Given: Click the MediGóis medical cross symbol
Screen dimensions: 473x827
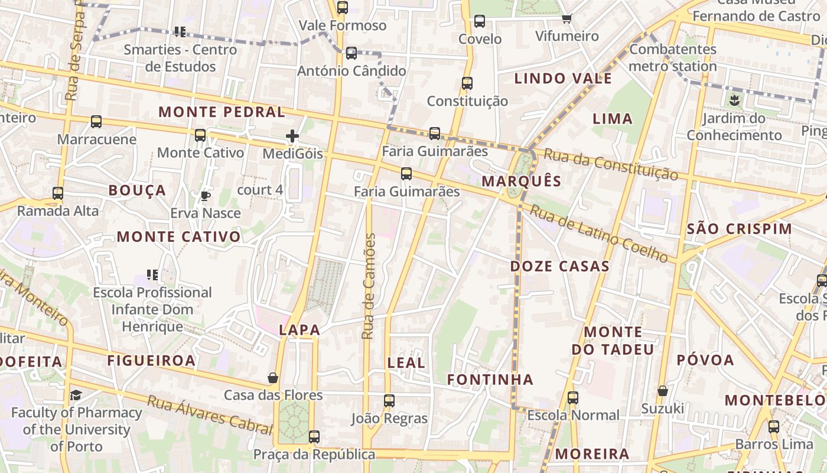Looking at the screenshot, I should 292,137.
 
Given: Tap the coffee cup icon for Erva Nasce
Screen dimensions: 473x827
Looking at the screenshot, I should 206,196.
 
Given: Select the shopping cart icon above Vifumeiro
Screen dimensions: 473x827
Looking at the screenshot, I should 567,19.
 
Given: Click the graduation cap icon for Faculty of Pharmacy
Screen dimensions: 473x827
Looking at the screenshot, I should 76,395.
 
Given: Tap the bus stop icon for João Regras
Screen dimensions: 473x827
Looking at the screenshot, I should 389,401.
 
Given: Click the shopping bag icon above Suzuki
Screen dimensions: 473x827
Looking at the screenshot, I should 663,391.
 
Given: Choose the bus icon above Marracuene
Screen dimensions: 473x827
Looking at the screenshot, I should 96,122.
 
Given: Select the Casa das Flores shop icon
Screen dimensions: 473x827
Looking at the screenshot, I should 273,377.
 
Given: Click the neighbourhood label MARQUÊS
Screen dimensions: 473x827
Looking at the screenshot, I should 522,181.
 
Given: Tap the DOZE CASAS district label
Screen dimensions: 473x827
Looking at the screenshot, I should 559,266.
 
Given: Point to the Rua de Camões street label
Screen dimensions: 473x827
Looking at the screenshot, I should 369,286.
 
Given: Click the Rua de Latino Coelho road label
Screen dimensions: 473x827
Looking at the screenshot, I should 598,233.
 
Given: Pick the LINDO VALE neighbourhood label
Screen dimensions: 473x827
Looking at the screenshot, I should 563,78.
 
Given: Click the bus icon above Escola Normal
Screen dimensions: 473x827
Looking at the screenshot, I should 572,398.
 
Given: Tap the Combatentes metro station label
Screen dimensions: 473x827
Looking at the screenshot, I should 673,57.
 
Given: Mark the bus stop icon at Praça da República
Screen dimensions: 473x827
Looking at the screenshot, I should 314,437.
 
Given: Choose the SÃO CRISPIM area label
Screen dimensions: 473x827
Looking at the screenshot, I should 739,229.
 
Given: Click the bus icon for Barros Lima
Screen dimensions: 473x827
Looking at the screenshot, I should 774,427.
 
